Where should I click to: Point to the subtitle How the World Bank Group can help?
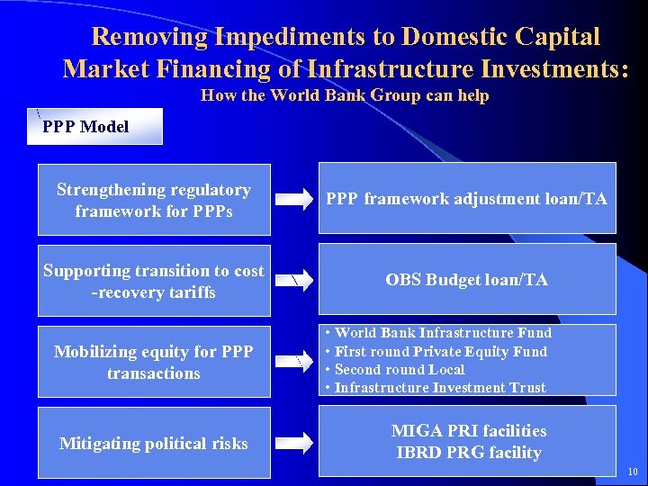[x=345, y=95]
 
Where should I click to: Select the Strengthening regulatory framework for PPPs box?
[x=153, y=201]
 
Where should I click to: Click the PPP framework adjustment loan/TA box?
[x=466, y=199]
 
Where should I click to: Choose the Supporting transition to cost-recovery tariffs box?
[x=153, y=281]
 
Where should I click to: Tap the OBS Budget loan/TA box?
[x=466, y=280]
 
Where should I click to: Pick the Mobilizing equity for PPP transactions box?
[x=153, y=362]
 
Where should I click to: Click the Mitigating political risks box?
[x=153, y=443]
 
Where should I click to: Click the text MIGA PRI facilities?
[x=468, y=431]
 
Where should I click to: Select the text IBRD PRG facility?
[x=468, y=452]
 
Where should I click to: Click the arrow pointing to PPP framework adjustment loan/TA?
[x=293, y=200]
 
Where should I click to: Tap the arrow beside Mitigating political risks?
[x=293, y=441]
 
